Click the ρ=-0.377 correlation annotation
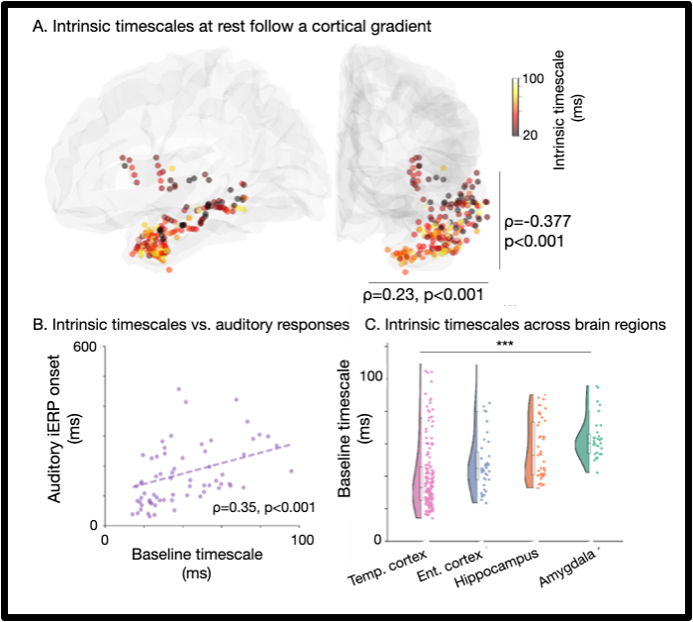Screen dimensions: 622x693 541,222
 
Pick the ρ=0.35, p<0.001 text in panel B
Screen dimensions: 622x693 264,508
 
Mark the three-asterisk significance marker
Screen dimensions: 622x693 505,345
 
